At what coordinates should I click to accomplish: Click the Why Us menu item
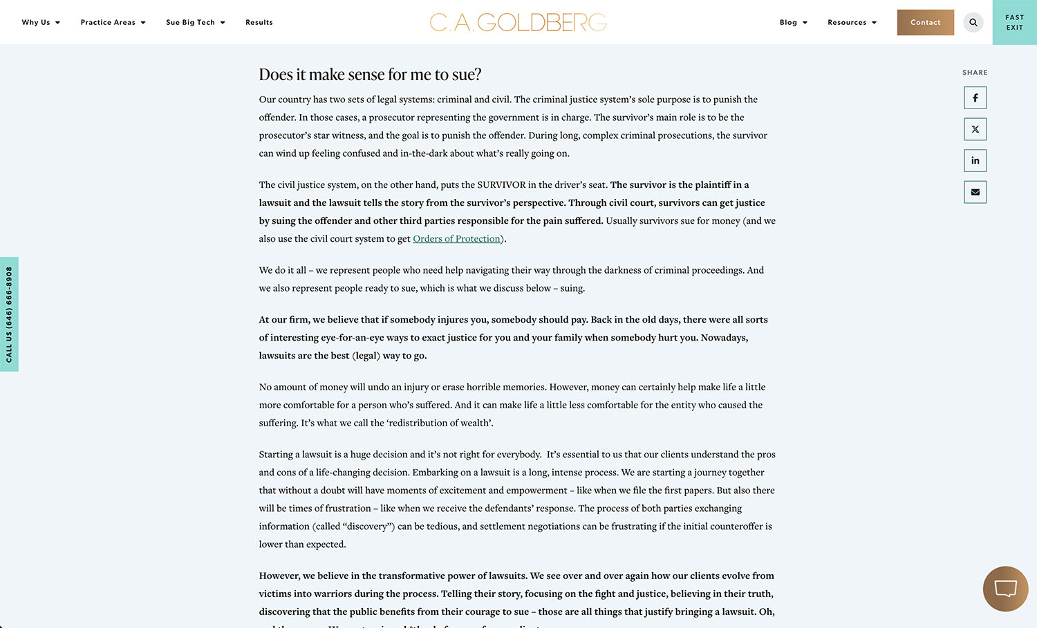[40, 22]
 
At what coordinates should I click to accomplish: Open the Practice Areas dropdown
[113, 22]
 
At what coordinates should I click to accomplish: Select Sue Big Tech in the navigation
[195, 22]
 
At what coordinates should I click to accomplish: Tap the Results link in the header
[259, 22]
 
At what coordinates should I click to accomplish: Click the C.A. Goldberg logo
[518, 22]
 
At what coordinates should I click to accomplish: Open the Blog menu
[793, 22]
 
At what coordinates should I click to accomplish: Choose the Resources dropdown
[852, 22]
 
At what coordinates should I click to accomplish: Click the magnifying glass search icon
[973, 22]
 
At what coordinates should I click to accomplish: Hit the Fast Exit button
[1014, 22]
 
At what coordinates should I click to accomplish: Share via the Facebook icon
[975, 98]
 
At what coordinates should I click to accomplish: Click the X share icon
[975, 129]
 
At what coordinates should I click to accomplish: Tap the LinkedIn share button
[975, 160]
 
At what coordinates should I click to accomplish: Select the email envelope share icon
[975, 192]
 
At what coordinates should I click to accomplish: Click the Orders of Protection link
[456, 239]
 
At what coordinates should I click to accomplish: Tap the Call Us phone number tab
[9, 314]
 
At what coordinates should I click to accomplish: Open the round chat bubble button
[1005, 589]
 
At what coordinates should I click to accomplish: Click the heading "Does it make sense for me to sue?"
[370, 75]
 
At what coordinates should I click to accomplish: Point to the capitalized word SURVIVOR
[501, 185]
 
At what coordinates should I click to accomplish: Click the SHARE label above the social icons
[975, 73]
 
